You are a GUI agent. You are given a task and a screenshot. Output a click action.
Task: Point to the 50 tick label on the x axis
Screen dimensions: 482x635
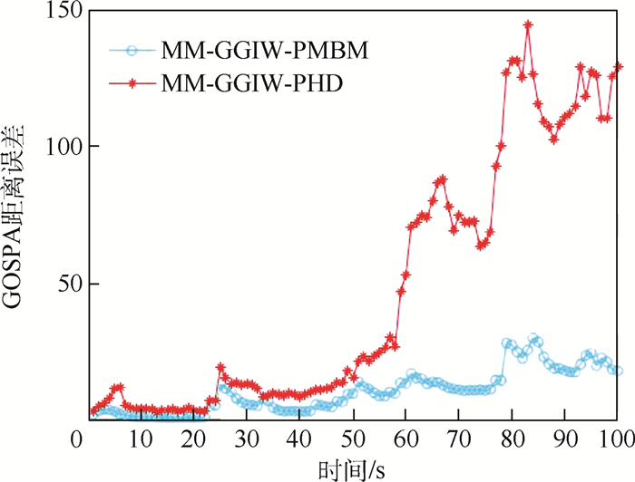click(353, 439)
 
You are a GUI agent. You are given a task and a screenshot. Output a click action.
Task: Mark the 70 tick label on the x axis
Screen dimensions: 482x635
click(459, 439)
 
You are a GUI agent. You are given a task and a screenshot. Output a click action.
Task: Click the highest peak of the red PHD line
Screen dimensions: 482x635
click(528, 25)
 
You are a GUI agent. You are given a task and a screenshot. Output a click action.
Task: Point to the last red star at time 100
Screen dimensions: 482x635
click(619, 66)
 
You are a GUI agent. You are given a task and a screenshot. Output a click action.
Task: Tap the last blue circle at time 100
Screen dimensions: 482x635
click(619, 371)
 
